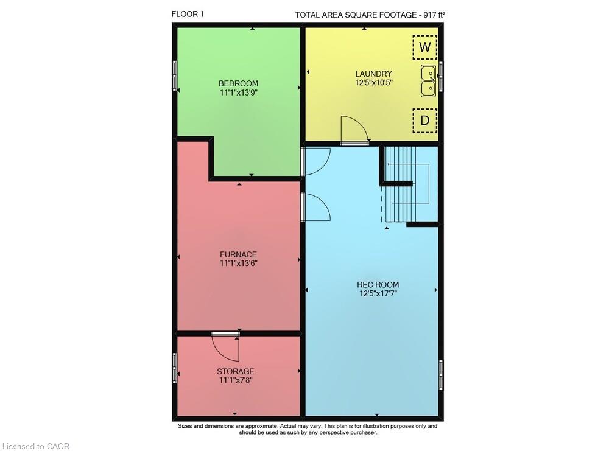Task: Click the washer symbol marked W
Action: tap(425, 47)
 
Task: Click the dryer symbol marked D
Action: tap(425, 121)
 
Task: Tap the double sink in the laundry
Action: tap(428, 81)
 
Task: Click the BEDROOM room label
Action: tap(238, 83)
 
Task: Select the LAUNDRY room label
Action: tap(374, 74)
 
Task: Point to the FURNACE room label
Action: tap(239, 254)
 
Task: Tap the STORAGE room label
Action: tap(235, 371)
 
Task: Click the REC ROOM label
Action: tap(378, 284)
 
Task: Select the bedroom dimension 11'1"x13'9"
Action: tap(239, 93)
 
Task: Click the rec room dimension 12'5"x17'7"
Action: tap(378, 293)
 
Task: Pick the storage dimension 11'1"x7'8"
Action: tap(236, 380)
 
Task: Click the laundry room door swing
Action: tap(354, 130)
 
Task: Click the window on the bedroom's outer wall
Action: tap(175, 75)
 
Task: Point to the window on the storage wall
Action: tap(175, 368)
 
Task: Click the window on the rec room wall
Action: tap(441, 375)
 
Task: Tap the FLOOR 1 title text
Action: tap(188, 14)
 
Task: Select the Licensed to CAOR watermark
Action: tap(36, 446)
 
